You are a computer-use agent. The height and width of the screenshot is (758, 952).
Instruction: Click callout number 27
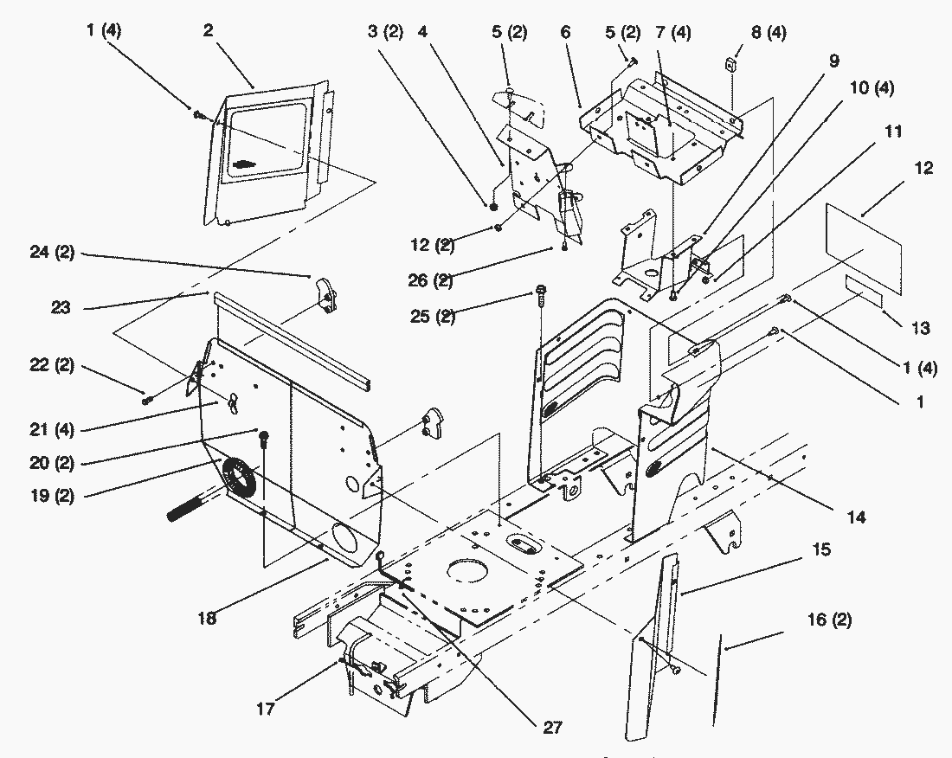551,729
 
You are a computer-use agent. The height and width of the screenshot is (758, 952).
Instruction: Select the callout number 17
266,709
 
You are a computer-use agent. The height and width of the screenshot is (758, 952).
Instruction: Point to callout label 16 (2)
828,620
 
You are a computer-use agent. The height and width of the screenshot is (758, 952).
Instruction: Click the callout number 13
920,328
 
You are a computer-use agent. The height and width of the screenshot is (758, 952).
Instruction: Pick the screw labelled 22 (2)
147,400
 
